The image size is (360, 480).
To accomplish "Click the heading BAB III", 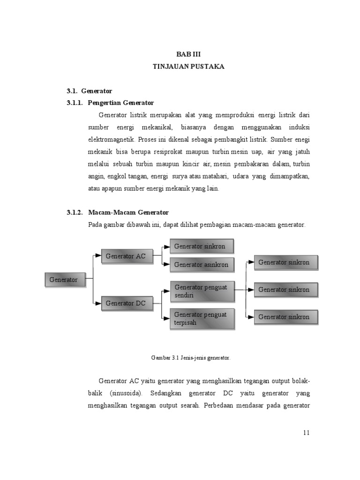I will (188, 54).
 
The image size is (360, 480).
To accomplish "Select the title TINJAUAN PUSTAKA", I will (188, 67).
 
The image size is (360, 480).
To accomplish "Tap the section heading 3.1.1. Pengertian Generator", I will (110, 103).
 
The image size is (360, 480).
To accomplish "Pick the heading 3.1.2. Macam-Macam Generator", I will (117, 212).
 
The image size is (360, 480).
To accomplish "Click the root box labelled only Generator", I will (65, 280).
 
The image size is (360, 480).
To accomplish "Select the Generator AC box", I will (126, 256).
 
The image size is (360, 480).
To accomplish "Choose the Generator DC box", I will (126, 303).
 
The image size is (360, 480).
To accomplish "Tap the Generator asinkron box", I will (201, 264).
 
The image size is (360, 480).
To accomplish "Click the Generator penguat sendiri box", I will (201, 291).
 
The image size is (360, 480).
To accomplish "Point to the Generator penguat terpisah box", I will (201, 318).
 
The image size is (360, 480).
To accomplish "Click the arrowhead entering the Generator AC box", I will (98, 255).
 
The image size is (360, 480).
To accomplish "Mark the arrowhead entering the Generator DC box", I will (98, 303).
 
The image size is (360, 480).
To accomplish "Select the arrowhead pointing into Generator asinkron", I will (166, 264).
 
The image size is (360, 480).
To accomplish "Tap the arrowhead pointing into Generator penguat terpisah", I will (166, 318).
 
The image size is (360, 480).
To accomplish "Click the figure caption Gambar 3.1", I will (190, 358).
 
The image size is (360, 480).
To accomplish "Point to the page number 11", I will (306, 433).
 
